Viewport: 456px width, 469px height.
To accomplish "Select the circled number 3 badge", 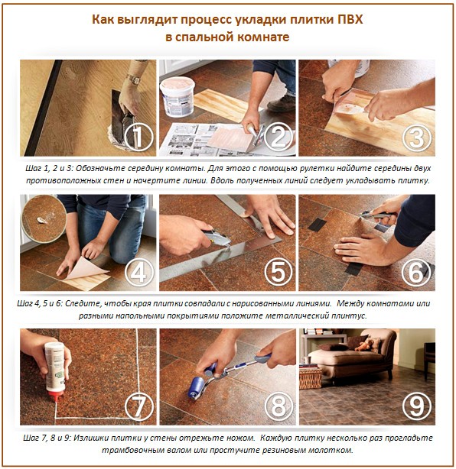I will [x=415, y=138].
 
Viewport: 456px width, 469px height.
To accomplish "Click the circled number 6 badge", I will [x=415, y=271].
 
